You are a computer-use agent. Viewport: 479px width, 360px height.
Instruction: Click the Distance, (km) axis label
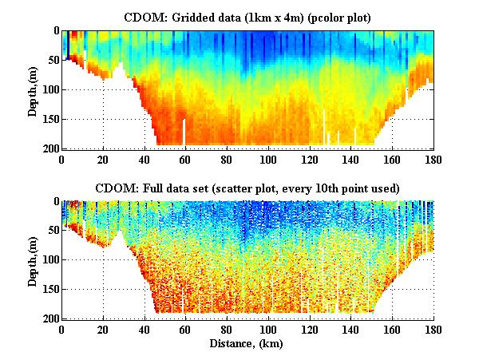[x=249, y=344]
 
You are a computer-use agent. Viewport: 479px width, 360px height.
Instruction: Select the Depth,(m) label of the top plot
[x=33, y=89]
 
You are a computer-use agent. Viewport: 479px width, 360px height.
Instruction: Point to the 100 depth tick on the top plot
[x=49, y=89]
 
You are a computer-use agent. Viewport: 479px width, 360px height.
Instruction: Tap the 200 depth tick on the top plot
[x=49, y=148]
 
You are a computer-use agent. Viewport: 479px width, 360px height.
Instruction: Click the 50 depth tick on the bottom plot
[x=52, y=231]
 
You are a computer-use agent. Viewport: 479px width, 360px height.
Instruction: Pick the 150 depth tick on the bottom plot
[x=49, y=289]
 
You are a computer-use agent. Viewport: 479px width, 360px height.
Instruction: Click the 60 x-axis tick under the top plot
[x=186, y=159]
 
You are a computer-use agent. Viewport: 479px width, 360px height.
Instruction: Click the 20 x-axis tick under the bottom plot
[x=104, y=329]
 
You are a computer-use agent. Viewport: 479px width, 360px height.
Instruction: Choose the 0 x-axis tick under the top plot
[x=62, y=159]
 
